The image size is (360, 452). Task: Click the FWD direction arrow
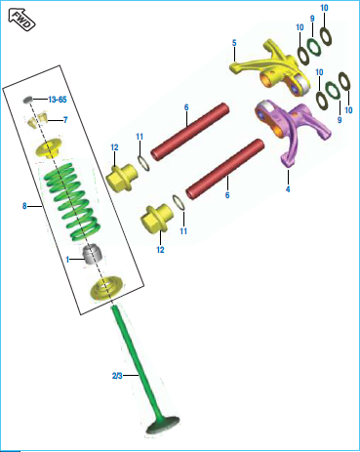coord(21,21)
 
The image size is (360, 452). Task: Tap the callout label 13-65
coord(58,100)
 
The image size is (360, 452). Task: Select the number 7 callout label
coord(65,120)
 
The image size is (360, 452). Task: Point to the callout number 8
coord(24,206)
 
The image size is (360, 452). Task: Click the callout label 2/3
coord(117,376)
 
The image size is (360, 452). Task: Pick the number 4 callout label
coord(288,188)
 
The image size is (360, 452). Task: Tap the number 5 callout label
coord(234,43)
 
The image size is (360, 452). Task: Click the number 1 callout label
coord(67,260)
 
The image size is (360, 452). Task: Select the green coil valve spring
coord(71,200)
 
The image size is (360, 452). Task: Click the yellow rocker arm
coord(271,68)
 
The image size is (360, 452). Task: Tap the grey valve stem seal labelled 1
coord(94,254)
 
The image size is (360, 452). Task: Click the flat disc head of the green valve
coord(163,426)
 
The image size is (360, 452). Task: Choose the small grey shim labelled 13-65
coord(28,100)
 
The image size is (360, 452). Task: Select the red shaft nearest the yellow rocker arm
coord(190,131)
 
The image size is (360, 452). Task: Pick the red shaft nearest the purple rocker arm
coord(225,169)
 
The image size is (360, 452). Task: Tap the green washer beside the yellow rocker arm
coord(314,47)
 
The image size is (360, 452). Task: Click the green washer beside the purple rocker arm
coord(334,92)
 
